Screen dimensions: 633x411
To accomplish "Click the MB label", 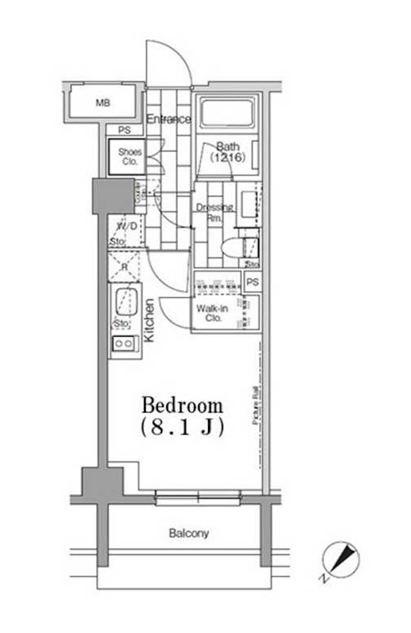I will (x=103, y=103).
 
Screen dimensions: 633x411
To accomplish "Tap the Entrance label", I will (x=169, y=120).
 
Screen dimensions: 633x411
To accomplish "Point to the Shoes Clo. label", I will (x=130, y=156).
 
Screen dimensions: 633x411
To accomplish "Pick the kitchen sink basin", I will (x=125, y=302).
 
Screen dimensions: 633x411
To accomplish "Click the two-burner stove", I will (x=124, y=344).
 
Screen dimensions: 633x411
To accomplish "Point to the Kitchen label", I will (x=149, y=321).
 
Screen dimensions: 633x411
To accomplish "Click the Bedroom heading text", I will (x=182, y=406).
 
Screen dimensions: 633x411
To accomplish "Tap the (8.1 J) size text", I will (x=182, y=427).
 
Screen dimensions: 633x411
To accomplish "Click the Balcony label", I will (x=189, y=533).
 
